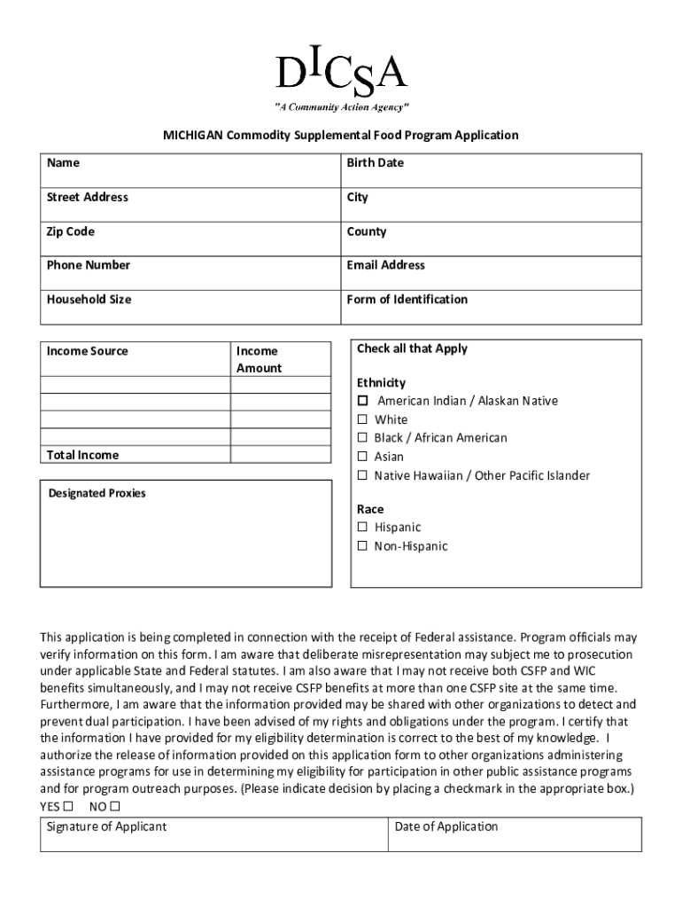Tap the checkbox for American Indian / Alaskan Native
pos(362,401)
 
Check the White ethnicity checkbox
pos(362,419)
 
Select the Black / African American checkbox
pos(362,438)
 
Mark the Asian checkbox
pos(362,457)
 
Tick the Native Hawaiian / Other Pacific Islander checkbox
pos(362,476)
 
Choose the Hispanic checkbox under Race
pos(362,528)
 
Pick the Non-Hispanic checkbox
pos(362,546)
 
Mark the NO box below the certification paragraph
pos(114,806)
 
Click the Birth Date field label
pos(375,163)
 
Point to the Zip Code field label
pos(70,232)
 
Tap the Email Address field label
pos(385,265)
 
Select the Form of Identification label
pos(407,300)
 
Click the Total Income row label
pos(82,455)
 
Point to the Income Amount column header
pos(259,359)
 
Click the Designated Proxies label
pos(97,493)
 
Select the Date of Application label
pos(446,826)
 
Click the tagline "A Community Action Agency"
pos(341,107)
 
